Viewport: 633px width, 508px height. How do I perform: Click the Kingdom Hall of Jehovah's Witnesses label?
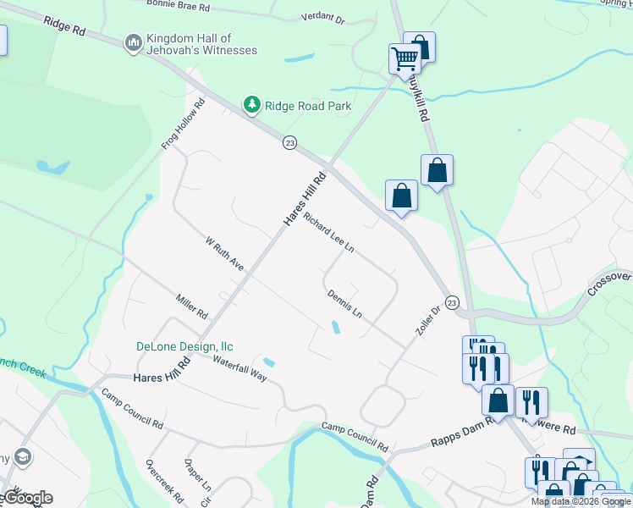(201, 44)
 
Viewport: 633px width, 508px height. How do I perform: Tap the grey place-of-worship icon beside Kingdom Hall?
(133, 42)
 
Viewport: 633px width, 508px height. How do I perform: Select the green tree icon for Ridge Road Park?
(251, 105)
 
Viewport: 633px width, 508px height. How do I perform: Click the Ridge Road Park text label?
(307, 106)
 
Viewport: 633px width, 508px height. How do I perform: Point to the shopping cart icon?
(405, 58)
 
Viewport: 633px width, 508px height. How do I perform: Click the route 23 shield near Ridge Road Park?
(290, 144)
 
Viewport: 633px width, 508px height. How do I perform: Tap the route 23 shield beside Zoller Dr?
(452, 302)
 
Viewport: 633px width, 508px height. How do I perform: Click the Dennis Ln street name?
(344, 304)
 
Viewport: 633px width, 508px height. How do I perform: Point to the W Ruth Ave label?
(224, 254)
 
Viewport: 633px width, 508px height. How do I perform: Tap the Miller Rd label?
(192, 306)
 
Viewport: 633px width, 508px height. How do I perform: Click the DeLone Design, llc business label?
(184, 346)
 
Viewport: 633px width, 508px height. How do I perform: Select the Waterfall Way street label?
(239, 368)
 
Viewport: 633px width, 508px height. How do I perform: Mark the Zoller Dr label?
(430, 321)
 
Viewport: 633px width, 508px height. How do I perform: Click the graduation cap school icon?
(23, 458)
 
